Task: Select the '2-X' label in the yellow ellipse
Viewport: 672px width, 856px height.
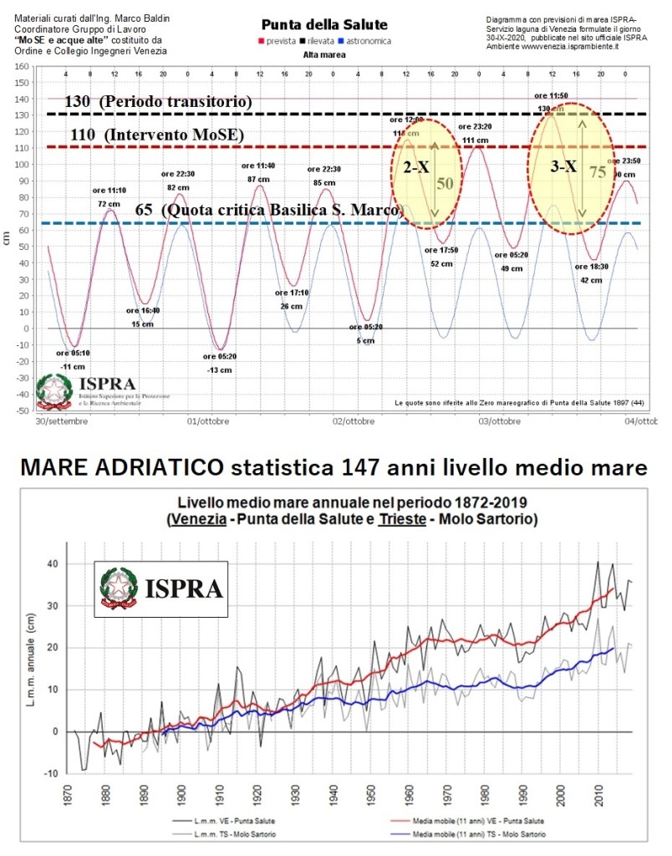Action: (x=416, y=167)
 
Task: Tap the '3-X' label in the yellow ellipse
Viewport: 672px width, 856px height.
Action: (x=563, y=166)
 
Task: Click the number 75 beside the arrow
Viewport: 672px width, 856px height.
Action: (x=596, y=172)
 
